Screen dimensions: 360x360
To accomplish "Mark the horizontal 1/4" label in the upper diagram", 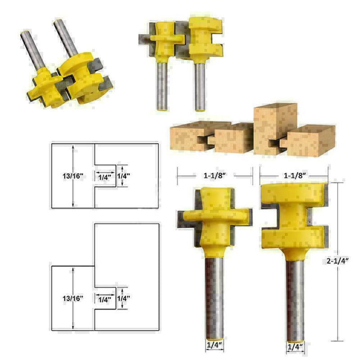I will (x=104, y=177).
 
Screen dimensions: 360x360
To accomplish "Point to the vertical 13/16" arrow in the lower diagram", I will (x=72, y=298).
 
